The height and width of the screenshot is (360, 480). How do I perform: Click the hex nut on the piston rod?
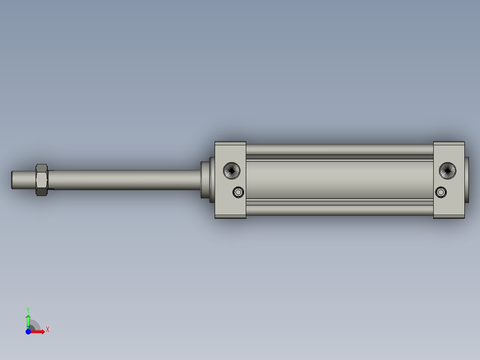click(x=41, y=180)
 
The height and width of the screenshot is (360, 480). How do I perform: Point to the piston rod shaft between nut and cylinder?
click(x=125, y=180)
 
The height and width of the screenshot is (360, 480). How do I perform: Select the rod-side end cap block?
click(x=230, y=207)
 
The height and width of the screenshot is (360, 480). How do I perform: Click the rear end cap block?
click(x=449, y=207)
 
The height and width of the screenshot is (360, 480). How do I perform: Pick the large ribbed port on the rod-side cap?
click(x=232, y=170)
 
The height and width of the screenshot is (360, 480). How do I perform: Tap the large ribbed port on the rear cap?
click(x=448, y=170)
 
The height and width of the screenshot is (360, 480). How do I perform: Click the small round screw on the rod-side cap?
click(x=239, y=192)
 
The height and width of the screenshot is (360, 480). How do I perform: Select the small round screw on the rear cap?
click(x=441, y=192)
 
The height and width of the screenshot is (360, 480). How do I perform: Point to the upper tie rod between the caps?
click(x=339, y=149)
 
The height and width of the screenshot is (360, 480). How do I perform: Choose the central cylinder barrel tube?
click(x=339, y=180)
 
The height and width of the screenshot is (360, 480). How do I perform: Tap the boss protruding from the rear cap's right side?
click(x=467, y=180)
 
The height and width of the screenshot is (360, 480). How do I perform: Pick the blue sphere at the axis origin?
click(x=28, y=331)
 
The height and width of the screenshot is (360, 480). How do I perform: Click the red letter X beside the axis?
click(x=47, y=330)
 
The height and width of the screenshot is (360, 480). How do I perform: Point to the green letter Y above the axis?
click(x=28, y=309)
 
